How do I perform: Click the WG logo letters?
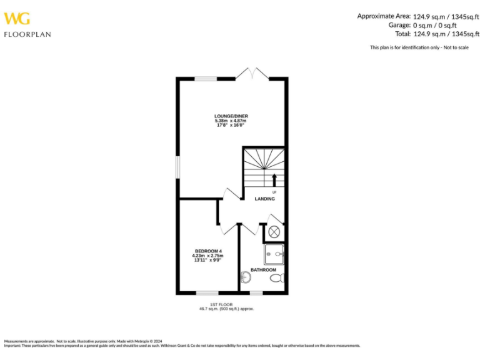pyautogui.click(x=17, y=18)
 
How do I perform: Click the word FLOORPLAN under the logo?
pyautogui.click(x=27, y=34)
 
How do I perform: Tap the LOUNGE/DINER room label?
pyautogui.click(x=226, y=116)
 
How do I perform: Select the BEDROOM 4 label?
pyautogui.click(x=208, y=251)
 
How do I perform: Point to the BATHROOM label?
pyautogui.click(x=263, y=270)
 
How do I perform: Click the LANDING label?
pyautogui.click(x=264, y=199)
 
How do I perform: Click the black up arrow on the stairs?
pyautogui.click(x=274, y=179)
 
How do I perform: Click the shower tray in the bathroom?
pyautogui.click(x=274, y=252)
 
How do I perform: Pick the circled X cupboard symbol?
pyautogui.click(x=274, y=231)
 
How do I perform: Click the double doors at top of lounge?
pyautogui.click(x=252, y=74)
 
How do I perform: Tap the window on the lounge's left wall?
pyautogui.click(x=177, y=171)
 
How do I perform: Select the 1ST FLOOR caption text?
pyautogui.click(x=226, y=304)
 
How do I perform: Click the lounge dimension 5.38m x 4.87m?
pyautogui.click(x=226, y=121)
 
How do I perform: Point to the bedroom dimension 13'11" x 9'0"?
pyautogui.click(x=208, y=259)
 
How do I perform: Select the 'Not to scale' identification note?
pyautogui.click(x=419, y=47)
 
